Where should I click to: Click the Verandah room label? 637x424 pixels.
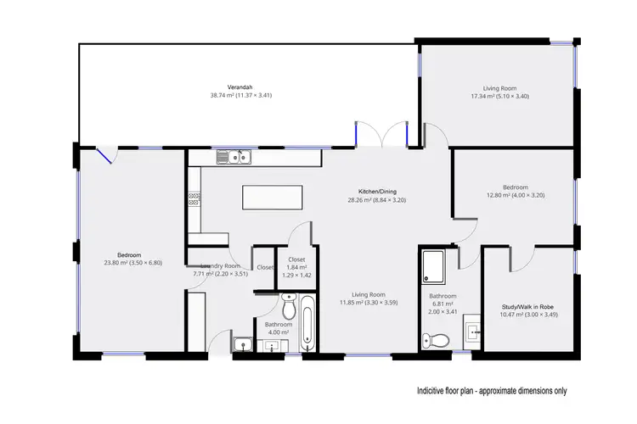240,86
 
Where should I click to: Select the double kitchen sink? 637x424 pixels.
232,156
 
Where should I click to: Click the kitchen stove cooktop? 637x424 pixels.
194,199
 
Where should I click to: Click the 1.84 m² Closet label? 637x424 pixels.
296,259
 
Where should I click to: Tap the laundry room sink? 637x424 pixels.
242,344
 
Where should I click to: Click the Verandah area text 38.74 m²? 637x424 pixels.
240,95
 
